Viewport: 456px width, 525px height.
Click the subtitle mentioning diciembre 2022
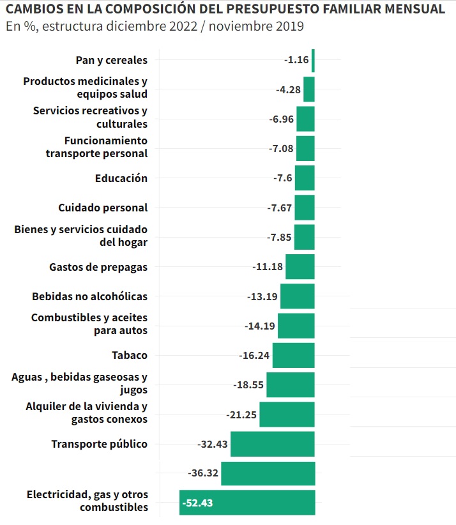pyautogui.click(x=155, y=27)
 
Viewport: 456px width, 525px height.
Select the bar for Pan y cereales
pyautogui.click(x=313, y=60)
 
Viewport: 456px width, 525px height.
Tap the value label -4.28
pyautogui.click(x=288, y=90)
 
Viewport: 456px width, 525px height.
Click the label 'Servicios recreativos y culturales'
pyautogui.click(x=90, y=118)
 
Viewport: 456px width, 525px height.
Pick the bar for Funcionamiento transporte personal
pyautogui.click(x=305, y=149)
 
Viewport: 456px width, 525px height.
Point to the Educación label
pyautogui.click(x=121, y=178)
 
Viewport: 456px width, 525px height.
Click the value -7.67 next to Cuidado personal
pyautogui.click(x=279, y=208)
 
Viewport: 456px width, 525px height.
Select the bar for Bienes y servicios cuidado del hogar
pyautogui.click(x=304, y=237)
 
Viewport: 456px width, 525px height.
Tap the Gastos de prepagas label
pyautogui.click(x=98, y=267)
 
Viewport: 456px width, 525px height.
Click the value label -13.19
pyautogui.click(x=262, y=296)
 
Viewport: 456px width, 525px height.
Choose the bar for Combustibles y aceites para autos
pyautogui.click(x=296, y=326)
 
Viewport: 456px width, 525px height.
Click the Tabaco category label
pyautogui.click(x=129, y=356)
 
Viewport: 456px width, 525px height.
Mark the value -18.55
pyautogui.click(x=248, y=385)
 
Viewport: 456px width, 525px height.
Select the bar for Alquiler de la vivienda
pyautogui.click(x=287, y=415)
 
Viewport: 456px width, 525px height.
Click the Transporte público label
pyautogui.click(x=99, y=444)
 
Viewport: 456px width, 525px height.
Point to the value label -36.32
pyautogui.click(x=204, y=473)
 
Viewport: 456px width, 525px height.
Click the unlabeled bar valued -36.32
pyautogui.click(x=268, y=473)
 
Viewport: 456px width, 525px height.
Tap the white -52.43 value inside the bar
pyautogui.click(x=197, y=503)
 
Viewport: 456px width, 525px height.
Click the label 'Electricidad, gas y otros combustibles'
pyautogui.click(x=87, y=501)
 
